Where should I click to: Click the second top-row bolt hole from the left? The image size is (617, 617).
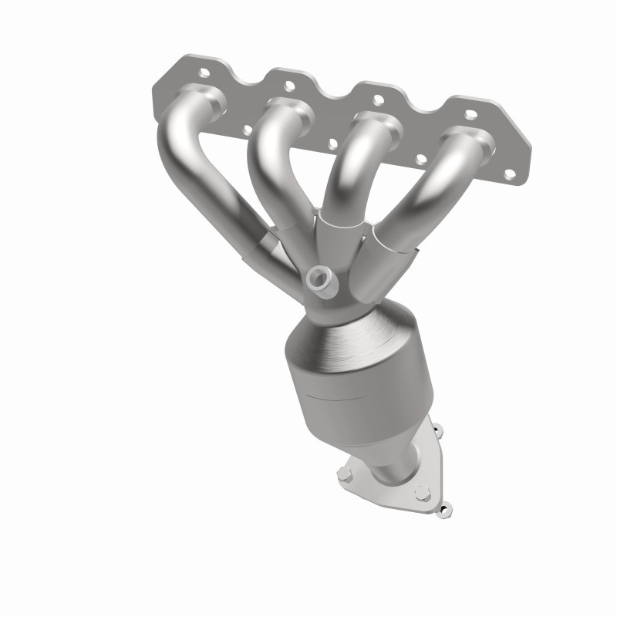pos(289,86)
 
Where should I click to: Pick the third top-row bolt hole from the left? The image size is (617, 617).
pos(378,99)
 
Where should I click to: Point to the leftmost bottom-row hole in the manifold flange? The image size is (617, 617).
pos(247,130)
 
